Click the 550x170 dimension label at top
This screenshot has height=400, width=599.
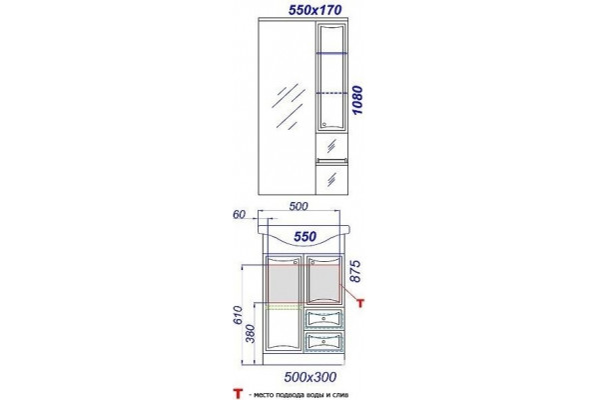pos(315,10)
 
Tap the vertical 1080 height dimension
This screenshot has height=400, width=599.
pos(357,100)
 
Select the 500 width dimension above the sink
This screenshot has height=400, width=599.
pos(299,206)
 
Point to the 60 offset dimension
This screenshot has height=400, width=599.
pos(239,214)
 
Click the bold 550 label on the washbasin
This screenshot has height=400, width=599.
pos(305,237)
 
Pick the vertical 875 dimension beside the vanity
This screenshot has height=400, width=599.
pos(355,271)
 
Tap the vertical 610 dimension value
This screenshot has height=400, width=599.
pos(238,315)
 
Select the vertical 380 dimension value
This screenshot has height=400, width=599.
pos(250,333)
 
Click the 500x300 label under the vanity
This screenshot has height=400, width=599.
pos(310,377)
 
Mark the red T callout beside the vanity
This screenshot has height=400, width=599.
pos(360,303)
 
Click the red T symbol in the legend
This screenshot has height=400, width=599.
pos(238,393)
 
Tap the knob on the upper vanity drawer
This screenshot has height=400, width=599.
pos(323,318)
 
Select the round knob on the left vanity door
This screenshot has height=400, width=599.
pos(296,262)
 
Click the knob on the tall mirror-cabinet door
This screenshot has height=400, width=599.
pos(323,124)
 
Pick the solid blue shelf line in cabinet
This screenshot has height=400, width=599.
pos(331,53)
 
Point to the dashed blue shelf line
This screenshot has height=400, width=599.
pos(331,93)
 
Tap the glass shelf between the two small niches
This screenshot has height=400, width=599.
pos(331,159)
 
